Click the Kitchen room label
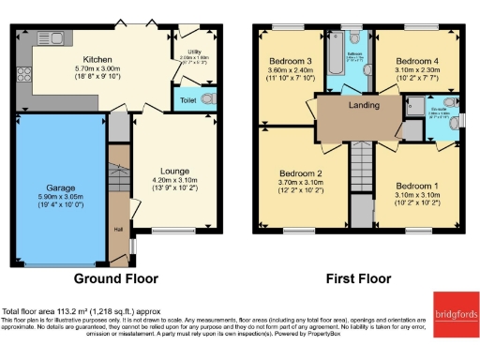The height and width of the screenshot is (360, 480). pyautogui.click(x=97, y=59)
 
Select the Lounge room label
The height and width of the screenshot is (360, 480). pyautogui.click(x=174, y=171)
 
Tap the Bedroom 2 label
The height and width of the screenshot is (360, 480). pyautogui.click(x=300, y=172)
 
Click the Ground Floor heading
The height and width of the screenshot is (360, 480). pyautogui.click(x=116, y=278)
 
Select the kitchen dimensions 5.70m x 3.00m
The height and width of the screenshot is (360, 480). pyautogui.click(x=97, y=69)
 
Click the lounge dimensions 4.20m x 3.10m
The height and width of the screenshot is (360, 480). pyautogui.click(x=174, y=180)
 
